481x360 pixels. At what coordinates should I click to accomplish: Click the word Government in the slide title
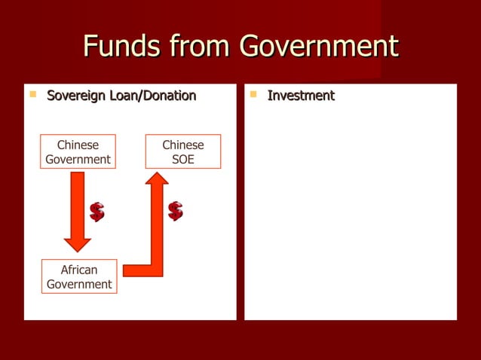tap(318, 47)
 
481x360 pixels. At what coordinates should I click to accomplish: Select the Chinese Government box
tap(78, 151)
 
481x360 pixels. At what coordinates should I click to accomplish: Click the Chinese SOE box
tap(183, 151)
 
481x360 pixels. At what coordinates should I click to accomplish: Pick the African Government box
tap(79, 276)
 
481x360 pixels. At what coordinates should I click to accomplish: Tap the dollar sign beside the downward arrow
tap(97, 212)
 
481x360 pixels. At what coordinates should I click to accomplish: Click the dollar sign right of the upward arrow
tap(176, 211)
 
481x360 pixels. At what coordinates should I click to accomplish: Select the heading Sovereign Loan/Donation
tap(121, 96)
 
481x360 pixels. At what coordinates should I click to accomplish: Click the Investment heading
tap(301, 96)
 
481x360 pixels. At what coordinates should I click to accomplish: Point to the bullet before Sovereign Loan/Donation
tap(32, 95)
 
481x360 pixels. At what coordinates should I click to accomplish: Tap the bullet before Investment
tap(253, 95)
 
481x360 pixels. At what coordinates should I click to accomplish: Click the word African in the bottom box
tap(79, 270)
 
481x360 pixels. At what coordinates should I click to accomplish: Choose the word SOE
tap(183, 159)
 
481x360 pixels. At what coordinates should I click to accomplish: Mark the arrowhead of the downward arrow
tap(78, 243)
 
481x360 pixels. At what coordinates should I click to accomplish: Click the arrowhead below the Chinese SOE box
tap(157, 179)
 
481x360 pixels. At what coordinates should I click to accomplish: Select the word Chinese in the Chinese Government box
tap(78, 145)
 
